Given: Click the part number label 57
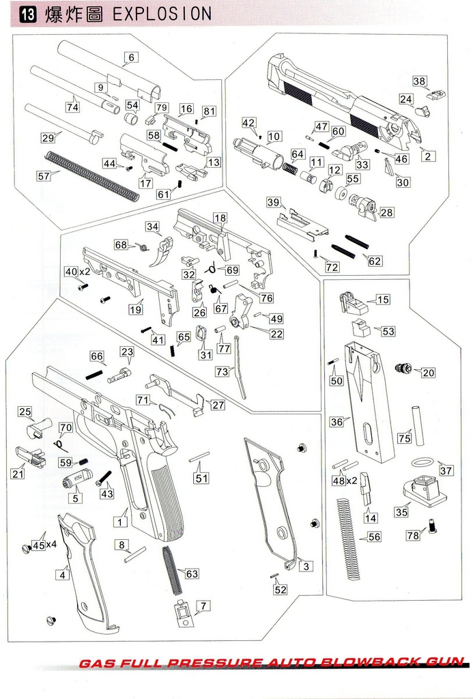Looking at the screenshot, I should [x=44, y=175].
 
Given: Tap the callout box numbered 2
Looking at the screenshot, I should [x=428, y=156].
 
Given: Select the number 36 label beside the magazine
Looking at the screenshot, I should [x=336, y=422].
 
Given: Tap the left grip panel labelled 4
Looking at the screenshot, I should [x=85, y=573].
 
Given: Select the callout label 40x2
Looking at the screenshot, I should [x=76, y=272].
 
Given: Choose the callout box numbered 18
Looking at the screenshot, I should [x=219, y=218].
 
